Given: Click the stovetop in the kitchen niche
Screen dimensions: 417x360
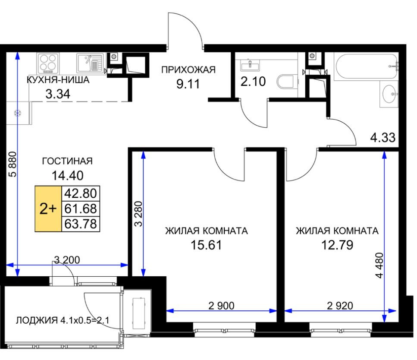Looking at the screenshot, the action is (x=48, y=63).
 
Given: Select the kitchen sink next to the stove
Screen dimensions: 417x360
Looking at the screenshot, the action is (x=90, y=63).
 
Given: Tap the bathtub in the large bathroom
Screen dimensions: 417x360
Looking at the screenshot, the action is (x=367, y=66).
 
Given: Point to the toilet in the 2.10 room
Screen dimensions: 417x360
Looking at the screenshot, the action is (x=285, y=82).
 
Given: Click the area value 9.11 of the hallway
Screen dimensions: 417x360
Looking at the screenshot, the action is (x=188, y=84).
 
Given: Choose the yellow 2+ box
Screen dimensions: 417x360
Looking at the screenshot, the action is (x=48, y=209).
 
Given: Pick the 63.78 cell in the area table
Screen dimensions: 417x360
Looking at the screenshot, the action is (x=81, y=224).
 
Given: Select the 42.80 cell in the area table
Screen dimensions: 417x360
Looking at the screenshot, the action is (x=81, y=193).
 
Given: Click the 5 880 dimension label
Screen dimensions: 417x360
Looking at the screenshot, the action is (x=13, y=164).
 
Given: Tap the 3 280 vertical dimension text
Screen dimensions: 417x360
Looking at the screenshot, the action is (x=138, y=214).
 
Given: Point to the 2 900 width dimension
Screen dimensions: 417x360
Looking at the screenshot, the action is (x=221, y=306).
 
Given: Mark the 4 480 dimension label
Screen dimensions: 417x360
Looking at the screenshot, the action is (x=379, y=265).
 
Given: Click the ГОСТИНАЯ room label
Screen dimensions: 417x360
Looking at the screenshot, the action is (x=67, y=161).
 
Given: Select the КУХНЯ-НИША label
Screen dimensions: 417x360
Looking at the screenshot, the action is (x=58, y=80).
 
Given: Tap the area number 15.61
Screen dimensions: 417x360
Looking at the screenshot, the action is (x=206, y=245).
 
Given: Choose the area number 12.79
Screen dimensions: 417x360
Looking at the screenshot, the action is (x=337, y=245).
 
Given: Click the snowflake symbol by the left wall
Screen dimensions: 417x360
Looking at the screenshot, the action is (x=18, y=113).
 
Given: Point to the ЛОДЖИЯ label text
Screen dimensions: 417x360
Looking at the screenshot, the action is (x=37, y=320).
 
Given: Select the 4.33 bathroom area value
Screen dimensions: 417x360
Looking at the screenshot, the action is (x=383, y=138).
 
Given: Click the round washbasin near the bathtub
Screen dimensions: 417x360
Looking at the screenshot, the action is (x=389, y=94).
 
